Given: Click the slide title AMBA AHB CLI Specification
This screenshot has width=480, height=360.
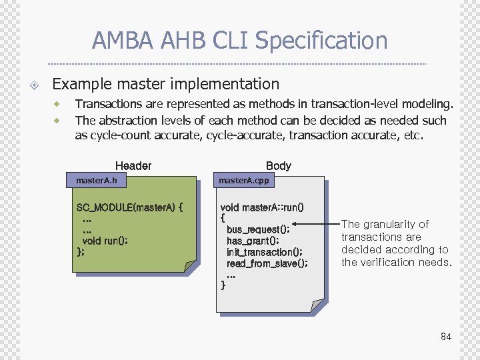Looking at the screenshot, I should tap(239, 41).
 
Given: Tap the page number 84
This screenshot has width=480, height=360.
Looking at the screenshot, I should tap(446, 337).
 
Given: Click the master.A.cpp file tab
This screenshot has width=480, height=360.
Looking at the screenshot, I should tap(244, 181).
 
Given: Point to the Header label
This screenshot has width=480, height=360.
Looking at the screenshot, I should tap(133, 165).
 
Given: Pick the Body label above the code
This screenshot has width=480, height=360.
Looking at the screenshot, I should tap(278, 165).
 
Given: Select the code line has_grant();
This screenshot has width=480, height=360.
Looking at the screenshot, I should tap(253, 241).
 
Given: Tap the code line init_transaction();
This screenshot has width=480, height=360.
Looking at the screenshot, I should tap(264, 252).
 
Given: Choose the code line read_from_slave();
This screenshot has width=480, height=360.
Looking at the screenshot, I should tap(267, 263).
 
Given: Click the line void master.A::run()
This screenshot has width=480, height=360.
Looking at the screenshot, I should tap(262, 207).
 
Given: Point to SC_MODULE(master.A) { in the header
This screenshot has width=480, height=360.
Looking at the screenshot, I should tap(129, 207).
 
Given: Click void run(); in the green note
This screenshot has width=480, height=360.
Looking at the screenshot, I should tap(105, 241).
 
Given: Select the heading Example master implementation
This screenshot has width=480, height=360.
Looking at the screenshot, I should tap(165, 84).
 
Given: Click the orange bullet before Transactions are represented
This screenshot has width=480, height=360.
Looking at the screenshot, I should tap(57, 104).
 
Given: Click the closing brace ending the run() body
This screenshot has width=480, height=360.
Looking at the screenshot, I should tap(223, 285).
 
